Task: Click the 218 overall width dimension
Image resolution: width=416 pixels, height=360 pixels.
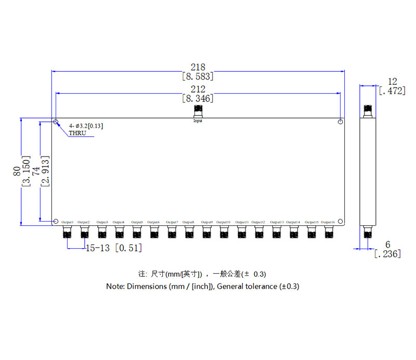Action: click(198, 67)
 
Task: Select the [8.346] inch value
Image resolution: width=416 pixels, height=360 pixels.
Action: click(198, 98)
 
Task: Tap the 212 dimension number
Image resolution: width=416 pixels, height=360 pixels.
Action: click(198, 89)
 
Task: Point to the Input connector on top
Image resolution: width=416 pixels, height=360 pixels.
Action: click(198, 111)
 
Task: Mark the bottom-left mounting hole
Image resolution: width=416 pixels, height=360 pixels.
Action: click(56, 221)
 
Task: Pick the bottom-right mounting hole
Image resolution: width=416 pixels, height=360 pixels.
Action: click(340, 221)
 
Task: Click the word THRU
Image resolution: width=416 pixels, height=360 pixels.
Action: click(77, 133)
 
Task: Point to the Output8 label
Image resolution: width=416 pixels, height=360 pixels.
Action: click(189, 223)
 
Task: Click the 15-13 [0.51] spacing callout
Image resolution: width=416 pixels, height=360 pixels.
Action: click(113, 248)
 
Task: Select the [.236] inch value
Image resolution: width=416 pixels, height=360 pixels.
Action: click(387, 253)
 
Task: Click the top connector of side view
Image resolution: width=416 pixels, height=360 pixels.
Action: click(368, 110)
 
